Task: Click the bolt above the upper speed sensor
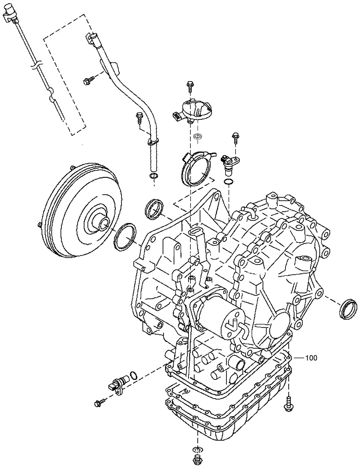point(235,136)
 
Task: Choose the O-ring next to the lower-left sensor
point(133,375)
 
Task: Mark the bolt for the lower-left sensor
point(98,403)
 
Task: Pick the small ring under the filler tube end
point(153,176)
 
